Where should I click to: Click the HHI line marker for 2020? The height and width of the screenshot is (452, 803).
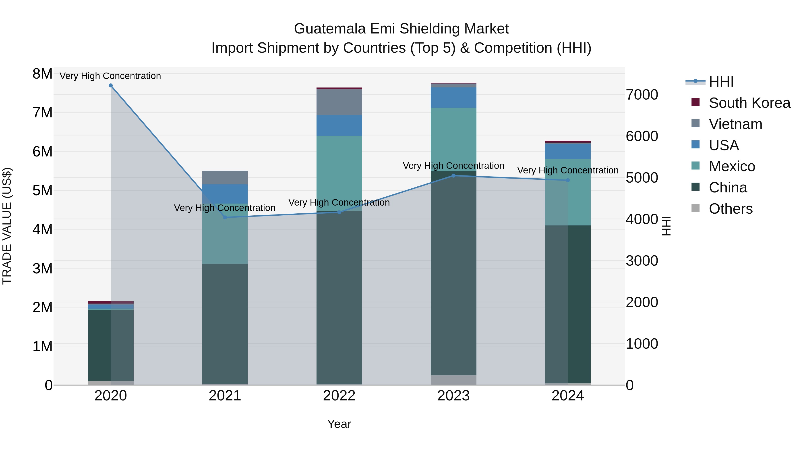pyautogui.click(x=111, y=85)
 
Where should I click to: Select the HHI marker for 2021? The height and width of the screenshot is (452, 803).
pyautogui.click(x=225, y=217)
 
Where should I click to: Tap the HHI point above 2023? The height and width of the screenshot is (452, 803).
pyautogui.click(x=453, y=176)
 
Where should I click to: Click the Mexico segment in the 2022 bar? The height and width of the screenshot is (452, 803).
pyautogui.click(x=339, y=173)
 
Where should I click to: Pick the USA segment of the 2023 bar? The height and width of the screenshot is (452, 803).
pyautogui.click(x=453, y=97)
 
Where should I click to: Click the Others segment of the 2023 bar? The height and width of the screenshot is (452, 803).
pyautogui.click(x=453, y=380)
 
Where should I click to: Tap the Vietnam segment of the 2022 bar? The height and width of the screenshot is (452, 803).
pyautogui.click(x=339, y=102)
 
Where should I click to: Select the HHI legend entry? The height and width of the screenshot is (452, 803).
pyautogui.click(x=721, y=82)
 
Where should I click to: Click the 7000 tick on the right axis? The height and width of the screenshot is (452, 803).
pyautogui.click(x=642, y=95)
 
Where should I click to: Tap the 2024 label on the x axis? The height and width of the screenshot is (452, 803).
pyautogui.click(x=568, y=396)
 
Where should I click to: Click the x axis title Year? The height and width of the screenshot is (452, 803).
pyautogui.click(x=339, y=424)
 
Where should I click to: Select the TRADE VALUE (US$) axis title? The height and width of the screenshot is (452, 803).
pyautogui.click(x=7, y=226)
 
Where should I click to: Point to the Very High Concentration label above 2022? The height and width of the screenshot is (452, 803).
pyautogui.click(x=339, y=202)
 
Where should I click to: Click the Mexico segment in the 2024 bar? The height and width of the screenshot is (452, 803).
pyautogui.click(x=568, y=192)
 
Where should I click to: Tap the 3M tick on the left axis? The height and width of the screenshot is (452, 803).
pyautogui.click(x=42, y=269)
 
